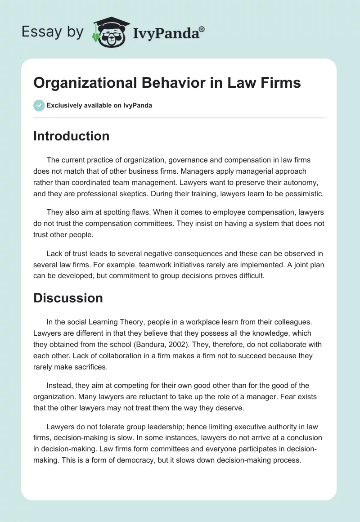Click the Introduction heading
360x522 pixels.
coord(71,136)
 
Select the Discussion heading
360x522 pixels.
coord(68,298)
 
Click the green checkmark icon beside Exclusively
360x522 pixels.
coord(39,105)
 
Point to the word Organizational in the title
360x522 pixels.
coord(77,83)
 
